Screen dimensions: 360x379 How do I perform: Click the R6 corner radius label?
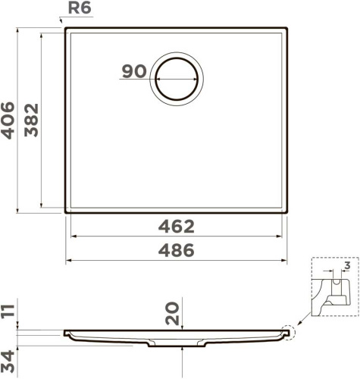tap(80, 8)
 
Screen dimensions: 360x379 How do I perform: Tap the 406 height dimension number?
tap(8, 121)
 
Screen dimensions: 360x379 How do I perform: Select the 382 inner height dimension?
tap(31, 120)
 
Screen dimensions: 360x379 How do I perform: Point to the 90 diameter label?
tap(134, 71)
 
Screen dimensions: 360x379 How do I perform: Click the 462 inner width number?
tap(177, 227)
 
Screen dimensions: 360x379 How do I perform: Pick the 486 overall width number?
tap(177, 250)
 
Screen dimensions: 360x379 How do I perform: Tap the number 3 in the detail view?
tap(348, 265)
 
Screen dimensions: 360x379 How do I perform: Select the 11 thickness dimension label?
tap(8, 312)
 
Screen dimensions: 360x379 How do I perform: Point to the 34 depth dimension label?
tap(8, 361)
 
